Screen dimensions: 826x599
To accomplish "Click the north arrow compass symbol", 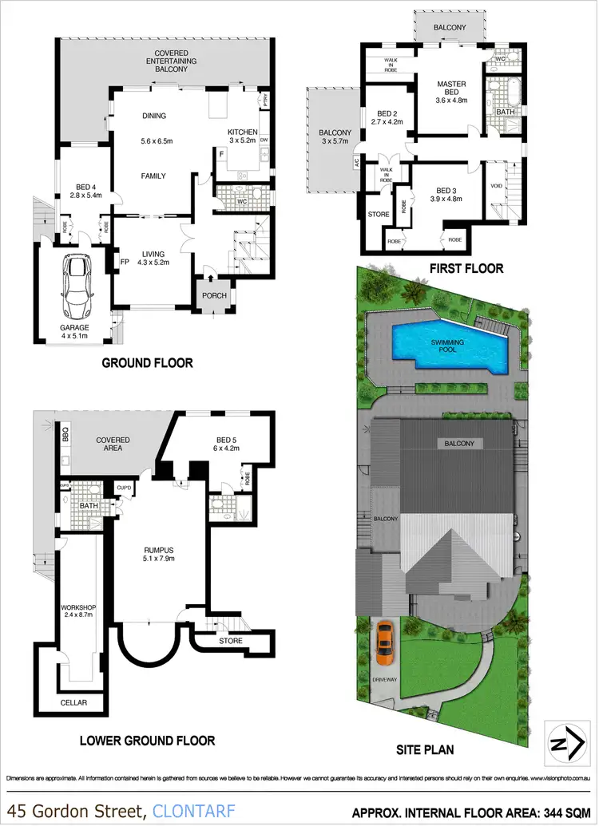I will [x=562, y=744].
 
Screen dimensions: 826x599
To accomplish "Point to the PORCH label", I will [x=214, y=295].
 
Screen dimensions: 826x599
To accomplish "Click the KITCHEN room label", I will [x=242, y=132].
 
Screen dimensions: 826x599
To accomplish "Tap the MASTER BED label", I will [x=451, y=89].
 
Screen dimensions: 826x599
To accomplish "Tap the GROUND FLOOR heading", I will [x=147, y=362].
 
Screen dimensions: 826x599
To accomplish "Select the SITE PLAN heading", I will [x=426, y=749].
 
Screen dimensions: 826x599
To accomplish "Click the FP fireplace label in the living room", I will [x=124, y=261].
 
